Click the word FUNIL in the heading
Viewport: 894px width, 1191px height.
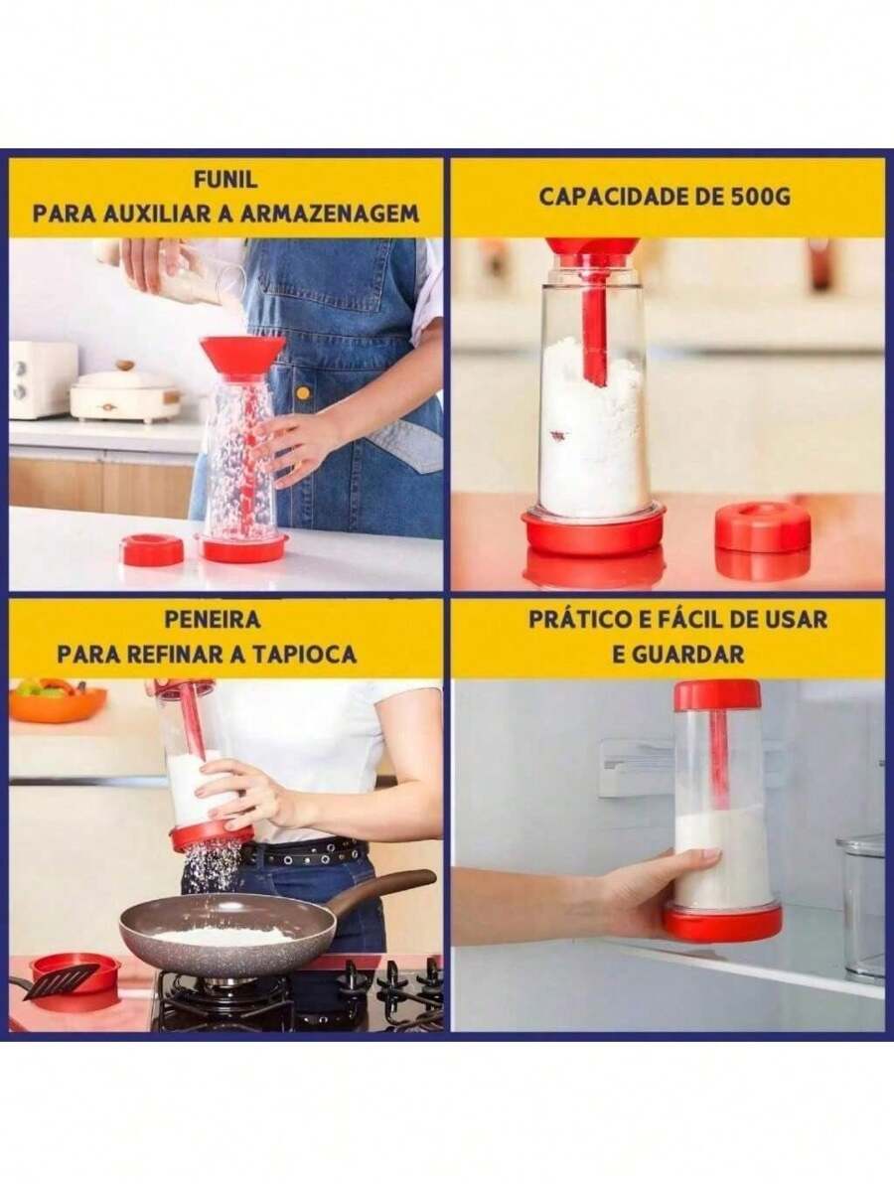point(225,180)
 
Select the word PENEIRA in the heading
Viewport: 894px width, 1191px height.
point(213,619)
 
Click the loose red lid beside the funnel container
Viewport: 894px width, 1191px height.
point(152,548)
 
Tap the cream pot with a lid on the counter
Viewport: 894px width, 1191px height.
point(125,394)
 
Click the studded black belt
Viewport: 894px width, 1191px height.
point(303,851)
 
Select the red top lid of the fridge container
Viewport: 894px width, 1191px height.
point(717,694)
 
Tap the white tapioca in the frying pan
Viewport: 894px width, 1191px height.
point(223,935)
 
